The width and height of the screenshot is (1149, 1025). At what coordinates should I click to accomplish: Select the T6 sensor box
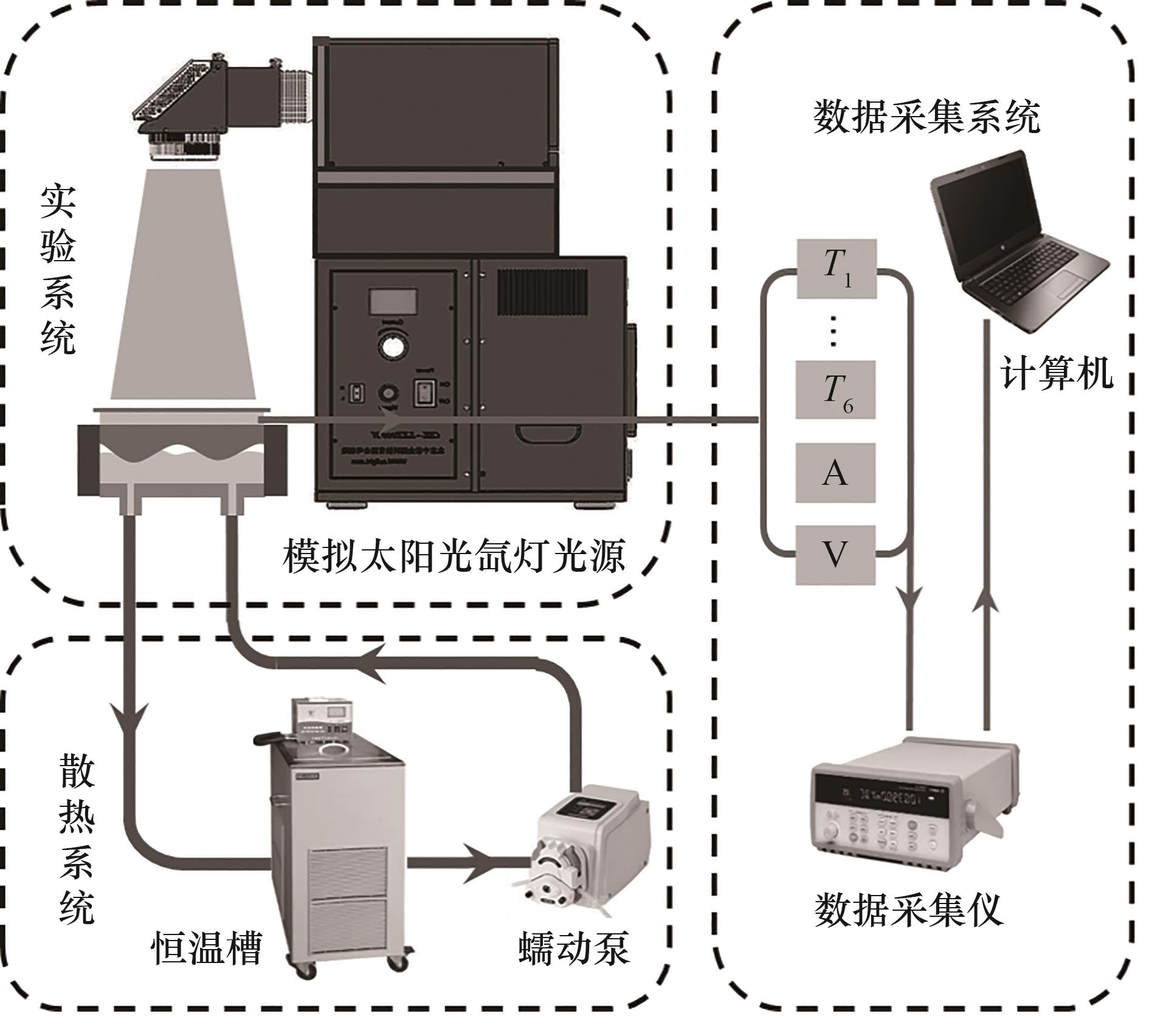point(836,389)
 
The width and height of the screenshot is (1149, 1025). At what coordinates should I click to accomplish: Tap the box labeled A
point(835,473)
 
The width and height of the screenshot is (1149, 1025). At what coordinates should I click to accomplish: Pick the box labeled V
point(835,555)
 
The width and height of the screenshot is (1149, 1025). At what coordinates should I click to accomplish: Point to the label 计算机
point(1056,373)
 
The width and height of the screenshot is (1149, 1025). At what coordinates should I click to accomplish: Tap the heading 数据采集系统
point(926,117)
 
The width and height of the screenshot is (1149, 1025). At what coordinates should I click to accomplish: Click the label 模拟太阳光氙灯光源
point(454,557)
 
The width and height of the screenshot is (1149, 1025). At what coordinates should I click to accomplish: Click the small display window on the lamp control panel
point(392,302)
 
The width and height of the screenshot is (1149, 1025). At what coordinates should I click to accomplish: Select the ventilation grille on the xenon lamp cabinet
point(542,292)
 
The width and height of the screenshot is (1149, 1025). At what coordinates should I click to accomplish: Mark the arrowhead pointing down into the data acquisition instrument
point(910,602)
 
